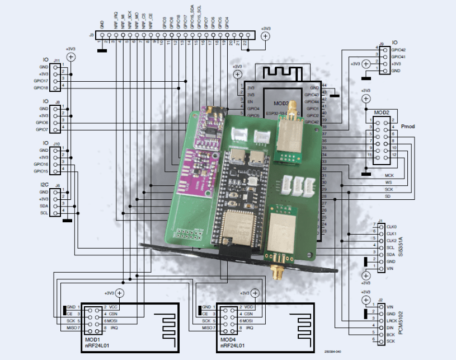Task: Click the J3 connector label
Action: point(91,35)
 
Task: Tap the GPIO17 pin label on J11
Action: point(41,81)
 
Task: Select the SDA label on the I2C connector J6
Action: point(44,205)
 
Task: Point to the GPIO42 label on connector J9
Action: point(399,50)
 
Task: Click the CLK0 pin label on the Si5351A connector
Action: point(391,226)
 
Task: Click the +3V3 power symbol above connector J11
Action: point(70,57)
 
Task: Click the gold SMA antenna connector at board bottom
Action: point(276,274)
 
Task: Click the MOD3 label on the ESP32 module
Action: point(280,104)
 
